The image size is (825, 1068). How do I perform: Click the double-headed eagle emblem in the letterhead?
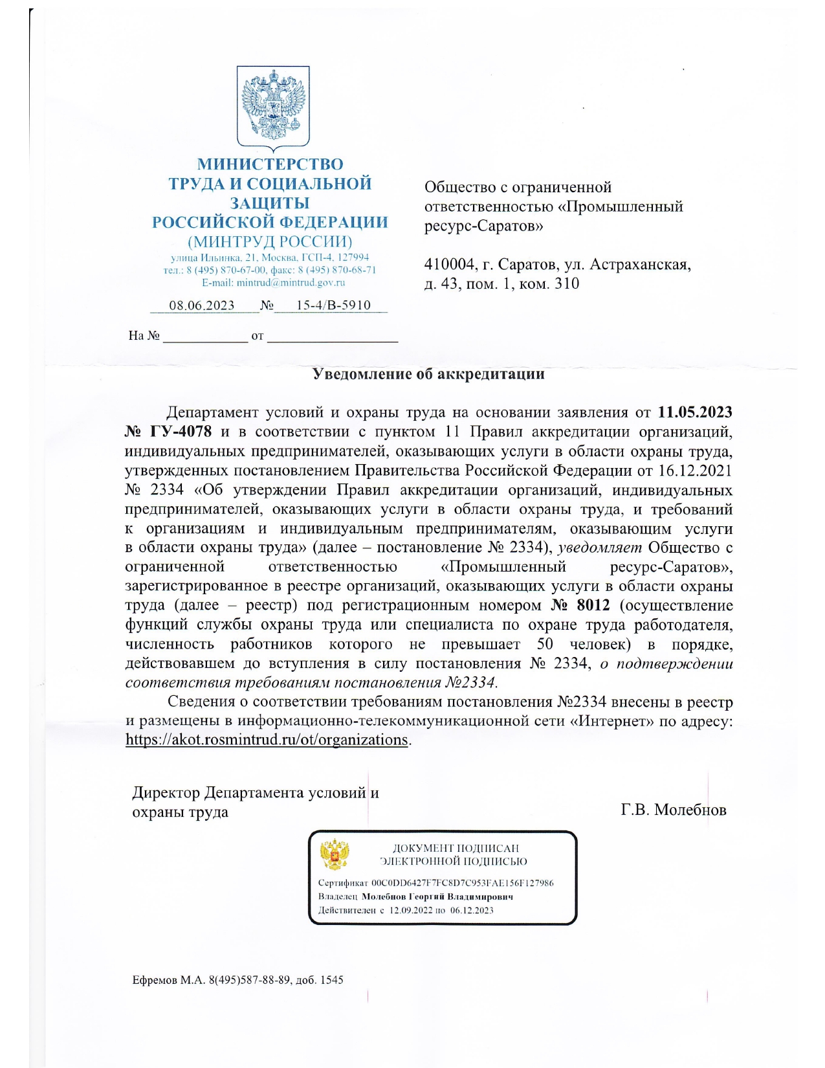point(272,107)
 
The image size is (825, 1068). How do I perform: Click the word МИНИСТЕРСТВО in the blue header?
point(270,164)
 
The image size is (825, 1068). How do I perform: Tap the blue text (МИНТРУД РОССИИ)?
point(270,242)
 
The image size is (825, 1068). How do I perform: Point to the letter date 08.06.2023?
point(202,306)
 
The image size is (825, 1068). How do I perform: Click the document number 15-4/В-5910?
point(333,306)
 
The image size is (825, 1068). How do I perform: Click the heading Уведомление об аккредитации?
point(428,374)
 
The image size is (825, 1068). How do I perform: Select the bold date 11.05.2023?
point(695,412)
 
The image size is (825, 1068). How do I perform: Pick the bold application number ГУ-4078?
point(181,432)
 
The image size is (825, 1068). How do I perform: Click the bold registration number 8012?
point(593,605)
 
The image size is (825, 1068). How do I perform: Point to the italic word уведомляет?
point(600,548)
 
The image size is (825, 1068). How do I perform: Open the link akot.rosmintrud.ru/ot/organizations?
point(267,740)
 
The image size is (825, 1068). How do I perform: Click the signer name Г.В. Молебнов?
point(673,810)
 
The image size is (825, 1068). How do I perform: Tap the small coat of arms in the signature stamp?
point(335,854)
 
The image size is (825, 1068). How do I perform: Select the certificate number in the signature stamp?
point(462,883)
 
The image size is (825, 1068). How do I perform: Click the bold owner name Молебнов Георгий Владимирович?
point(437,896)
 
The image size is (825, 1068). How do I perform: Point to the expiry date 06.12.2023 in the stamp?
point(472,910)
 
